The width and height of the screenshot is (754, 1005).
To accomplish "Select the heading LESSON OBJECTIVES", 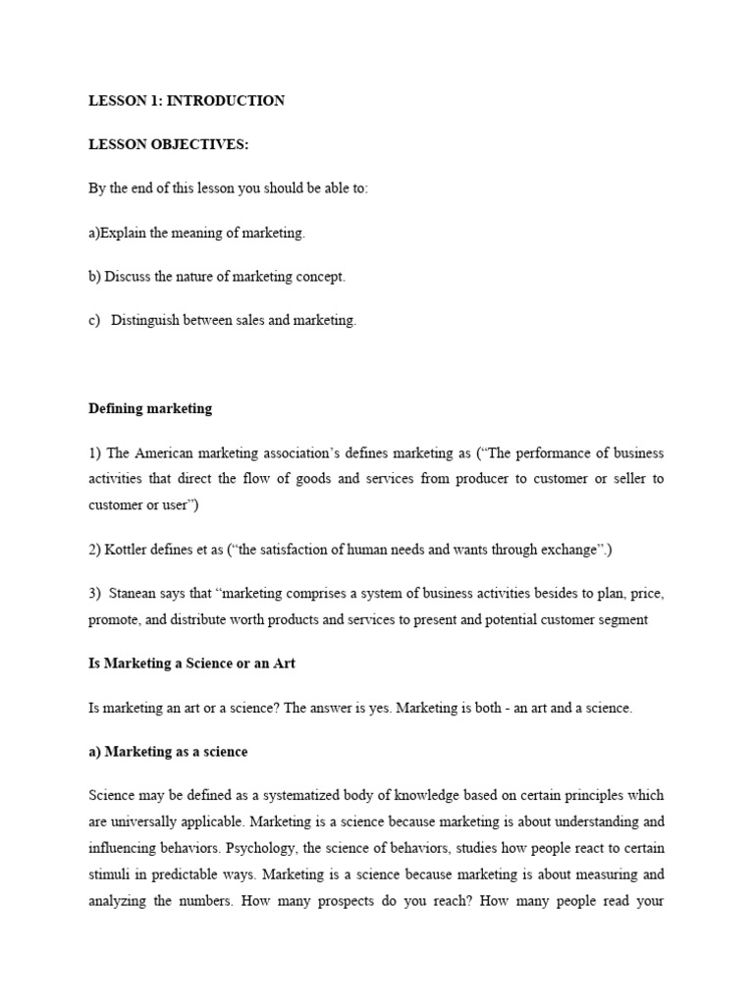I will (169, 145).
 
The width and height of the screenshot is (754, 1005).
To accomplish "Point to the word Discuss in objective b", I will (128, 278).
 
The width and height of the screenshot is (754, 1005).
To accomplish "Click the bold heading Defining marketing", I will (150, 409).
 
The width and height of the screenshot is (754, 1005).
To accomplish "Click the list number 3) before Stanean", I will (95, 595).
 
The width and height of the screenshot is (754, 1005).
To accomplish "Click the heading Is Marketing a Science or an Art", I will (192, 664).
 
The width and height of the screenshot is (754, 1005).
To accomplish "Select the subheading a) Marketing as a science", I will (168, 753).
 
